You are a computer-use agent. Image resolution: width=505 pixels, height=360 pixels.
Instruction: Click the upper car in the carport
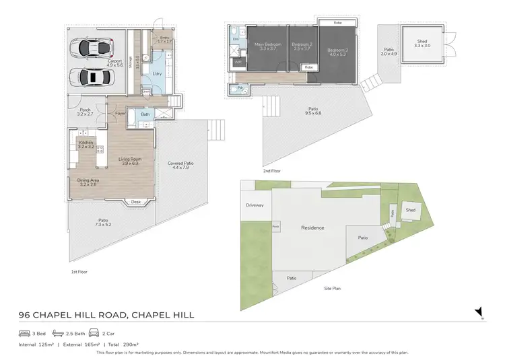pyautogui.click(x=94, y=48)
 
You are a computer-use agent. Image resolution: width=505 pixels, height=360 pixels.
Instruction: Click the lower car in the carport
pyautogui.click(x=94, y=77)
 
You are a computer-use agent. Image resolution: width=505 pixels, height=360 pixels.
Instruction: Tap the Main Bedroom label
pyautogui.click(x=267, y=46)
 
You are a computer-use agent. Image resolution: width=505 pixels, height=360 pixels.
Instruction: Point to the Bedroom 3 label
pyautogui.click(x=337, y=50)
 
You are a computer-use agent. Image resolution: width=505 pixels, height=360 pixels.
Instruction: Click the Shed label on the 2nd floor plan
pyautogui.click(x=421, y=40)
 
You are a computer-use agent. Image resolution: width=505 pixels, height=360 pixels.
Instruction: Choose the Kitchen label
pyautogui.click(x=86, y=143)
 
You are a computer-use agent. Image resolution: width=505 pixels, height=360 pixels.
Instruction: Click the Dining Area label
pyautogui.click(x=88, y=180)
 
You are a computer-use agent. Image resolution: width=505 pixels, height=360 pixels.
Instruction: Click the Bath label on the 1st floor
pyautogui.click(x=145, y=114)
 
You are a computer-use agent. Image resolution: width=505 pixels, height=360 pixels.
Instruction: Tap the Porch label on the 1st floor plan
pyautogui.click(x=85, y=110)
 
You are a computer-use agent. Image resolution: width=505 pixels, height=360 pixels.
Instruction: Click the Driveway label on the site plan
pyautogui.click(x=255, y=205)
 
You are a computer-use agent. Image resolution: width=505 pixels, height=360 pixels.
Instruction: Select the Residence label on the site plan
pyautogui.click(x=312, y=227)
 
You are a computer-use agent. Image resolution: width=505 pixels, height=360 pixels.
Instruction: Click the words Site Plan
pyautogui.click(x=332, y=287)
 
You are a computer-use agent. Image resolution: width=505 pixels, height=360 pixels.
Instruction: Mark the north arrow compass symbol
pyautogui.click(x=479, y=312)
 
